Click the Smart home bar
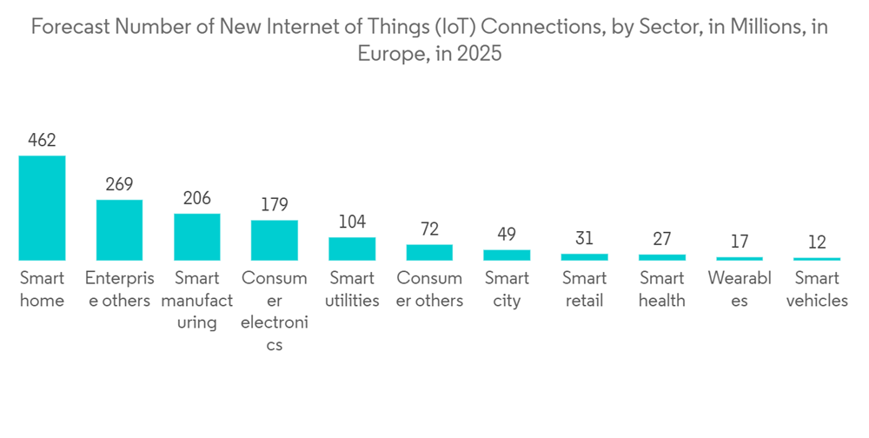point(42,209)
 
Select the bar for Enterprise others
point(119,230)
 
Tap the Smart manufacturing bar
point(196,237)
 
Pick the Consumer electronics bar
point(275,240)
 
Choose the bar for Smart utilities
point(352,249)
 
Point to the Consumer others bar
point(429,252)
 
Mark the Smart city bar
point(507,255)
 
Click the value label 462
point(42,140)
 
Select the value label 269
point(119,184)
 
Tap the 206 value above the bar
point(196,198)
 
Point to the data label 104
point(352,222)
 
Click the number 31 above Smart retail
point(584,238)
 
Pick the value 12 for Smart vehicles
point(817,242)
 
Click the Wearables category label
point(740,289)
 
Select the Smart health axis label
point(662,289)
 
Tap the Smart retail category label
point(584,289)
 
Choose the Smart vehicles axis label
point(817,289)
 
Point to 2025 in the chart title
point(480,54)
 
